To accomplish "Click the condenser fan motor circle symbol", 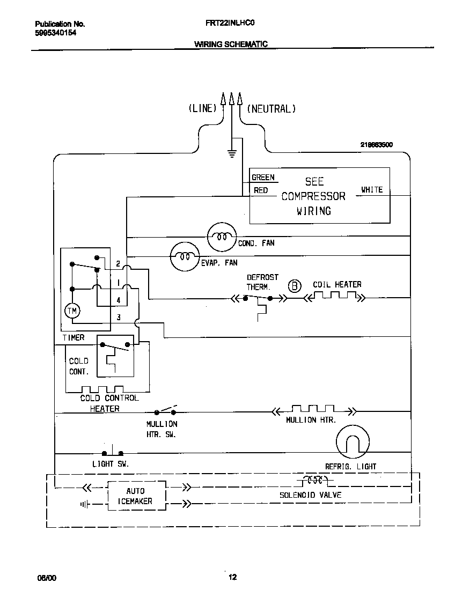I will pyautogui.click(x=222, y=236).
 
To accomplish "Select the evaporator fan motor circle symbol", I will pyautogui.click(x=185, y=257).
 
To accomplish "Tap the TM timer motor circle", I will pyautogui.click(x=71, y=311).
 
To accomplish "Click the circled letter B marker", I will pyautogui.click(x=295, y=285).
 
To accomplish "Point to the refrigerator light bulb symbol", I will pyautogui.click(x=353, y=442).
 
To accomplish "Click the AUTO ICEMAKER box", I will pyautogui.click(x=135, y=496).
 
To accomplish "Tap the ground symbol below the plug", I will pyautogui.click(x=232, y=154).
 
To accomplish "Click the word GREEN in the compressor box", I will pyautogui.click(x=263, y=178).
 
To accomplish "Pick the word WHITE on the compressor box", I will pyautogui.click(x=371, y=190).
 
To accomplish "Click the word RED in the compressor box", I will pyautogui.click(x=261, y=190).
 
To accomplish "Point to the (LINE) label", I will pyautogui.click(x=202, y=108).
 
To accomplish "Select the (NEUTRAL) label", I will pyautogui.click(x=271, y=108).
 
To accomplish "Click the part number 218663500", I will pyautogui.click(x=376, y=145).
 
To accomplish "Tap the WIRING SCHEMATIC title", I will pyautogui.click(x=231, y=44).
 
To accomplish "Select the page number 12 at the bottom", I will pyautogui.click(x=232, y=577).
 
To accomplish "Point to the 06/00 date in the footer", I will pyautogui.click(x=46, y=578).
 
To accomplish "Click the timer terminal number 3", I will pyautogui.click(x=119, y=318).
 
